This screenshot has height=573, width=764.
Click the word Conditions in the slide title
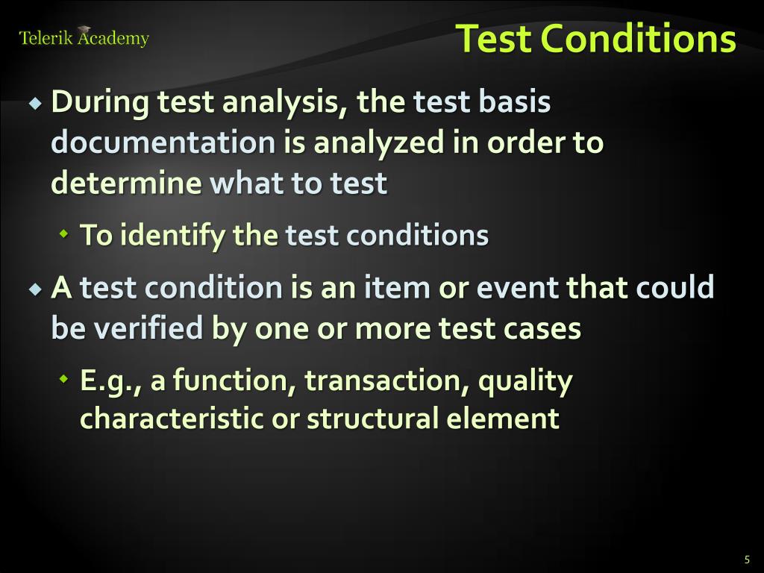tap(638, 39)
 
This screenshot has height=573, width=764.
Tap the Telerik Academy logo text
tap(84, 37)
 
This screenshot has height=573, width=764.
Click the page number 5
tap(747, 560)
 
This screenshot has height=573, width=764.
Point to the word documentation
tap(163, 143)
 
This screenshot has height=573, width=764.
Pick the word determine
tap(126, 183)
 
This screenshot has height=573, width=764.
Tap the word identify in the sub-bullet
tap(173, 235)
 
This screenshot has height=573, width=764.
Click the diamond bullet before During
tap(35, 103)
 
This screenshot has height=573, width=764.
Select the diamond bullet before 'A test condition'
tap(35, 289)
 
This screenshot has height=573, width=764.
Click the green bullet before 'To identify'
tap(63, 234)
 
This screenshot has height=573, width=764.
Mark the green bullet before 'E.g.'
tap(63, 378)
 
